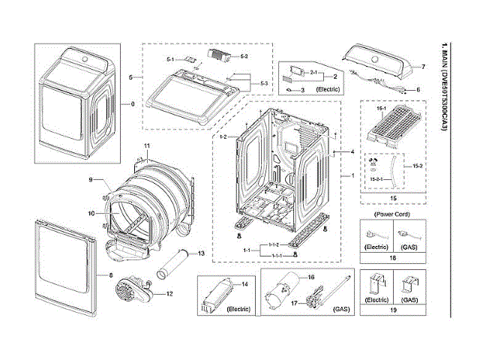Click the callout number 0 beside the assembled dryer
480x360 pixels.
pyautogui.click(x=133, y=103)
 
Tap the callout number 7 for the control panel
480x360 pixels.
pyautogui.click(x=422, y=67)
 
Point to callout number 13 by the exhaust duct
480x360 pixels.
pyautogui.click(x=201, y=254)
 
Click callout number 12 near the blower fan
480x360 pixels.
pyautogui.click(x=169, y=292)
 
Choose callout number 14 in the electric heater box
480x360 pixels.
pyautogui.click(x=244, y=285)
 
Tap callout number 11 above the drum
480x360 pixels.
pyautogui.click(x=147, y=145)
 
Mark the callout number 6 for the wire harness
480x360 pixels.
pyautogui.click(x=417, y=89)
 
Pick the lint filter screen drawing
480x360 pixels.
pyautogui.click(x=391, y=127)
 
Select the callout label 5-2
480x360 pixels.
pyautogui.click(x=243, y=57)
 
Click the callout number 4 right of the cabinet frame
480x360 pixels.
pyautogui.click(x=350, y=152)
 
